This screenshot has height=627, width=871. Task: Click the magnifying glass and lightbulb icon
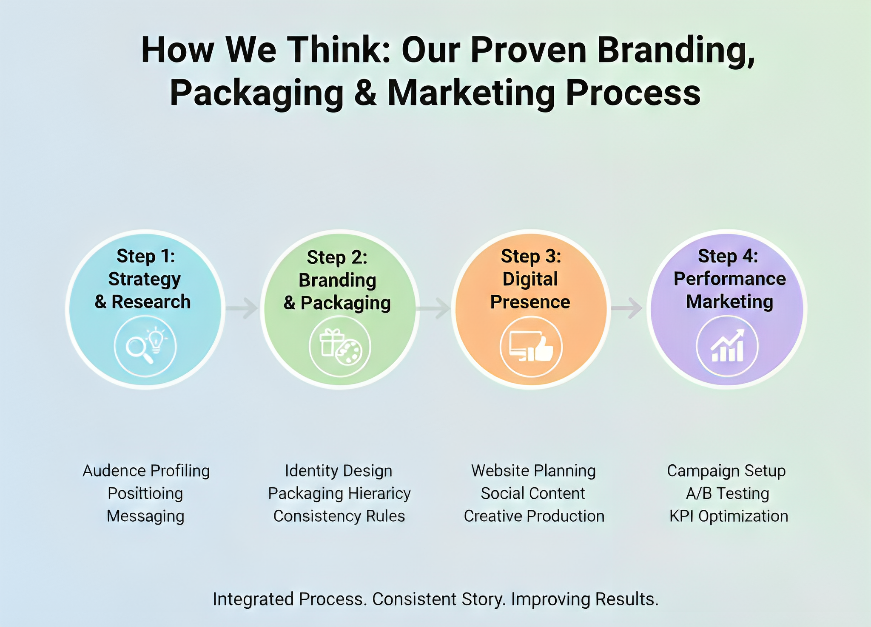pos(145,346)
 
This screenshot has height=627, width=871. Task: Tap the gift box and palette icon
pos(340,347)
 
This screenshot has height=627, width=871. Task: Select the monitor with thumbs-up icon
pos(531,347)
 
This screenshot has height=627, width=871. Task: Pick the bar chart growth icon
pos(727,347)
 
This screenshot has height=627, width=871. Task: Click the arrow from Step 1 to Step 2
pos(242,308)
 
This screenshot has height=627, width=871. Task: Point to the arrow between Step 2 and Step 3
pos(434,308)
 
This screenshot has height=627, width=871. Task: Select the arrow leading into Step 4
pos(627,308)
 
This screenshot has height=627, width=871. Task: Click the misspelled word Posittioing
pos(145,493)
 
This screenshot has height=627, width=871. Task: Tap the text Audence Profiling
pos(146,471)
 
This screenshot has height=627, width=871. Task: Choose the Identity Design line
pos(339,471)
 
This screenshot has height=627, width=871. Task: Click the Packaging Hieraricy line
pos(339,493)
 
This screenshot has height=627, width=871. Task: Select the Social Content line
pos(533,493)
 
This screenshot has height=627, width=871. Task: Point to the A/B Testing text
pos(727,493)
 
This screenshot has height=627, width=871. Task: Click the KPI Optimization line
pos(729,516)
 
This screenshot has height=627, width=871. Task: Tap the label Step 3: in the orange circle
pos(531,256)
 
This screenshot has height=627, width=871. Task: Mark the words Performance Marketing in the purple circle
pos(729,290)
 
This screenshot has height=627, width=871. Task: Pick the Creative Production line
pos(534,516)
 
